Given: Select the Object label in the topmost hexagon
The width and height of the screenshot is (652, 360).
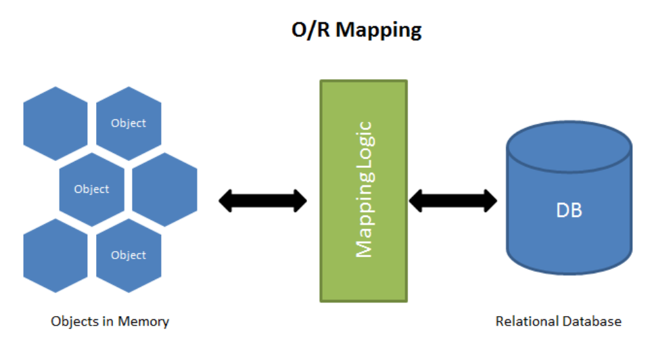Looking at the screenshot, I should (x=129, y=123).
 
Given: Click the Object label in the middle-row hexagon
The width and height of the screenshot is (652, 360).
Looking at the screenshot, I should (x=91, y=189).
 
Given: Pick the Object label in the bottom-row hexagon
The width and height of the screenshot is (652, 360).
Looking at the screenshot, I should (x=129, y=255).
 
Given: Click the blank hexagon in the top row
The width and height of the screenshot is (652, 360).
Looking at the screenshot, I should (x=55, y=124).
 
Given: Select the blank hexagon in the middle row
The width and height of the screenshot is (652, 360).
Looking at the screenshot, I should (x=165, y=189).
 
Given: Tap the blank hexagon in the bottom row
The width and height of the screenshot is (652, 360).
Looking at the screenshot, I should (x=55, y=256).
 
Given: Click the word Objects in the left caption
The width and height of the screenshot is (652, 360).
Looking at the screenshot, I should (x=72, y=321).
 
